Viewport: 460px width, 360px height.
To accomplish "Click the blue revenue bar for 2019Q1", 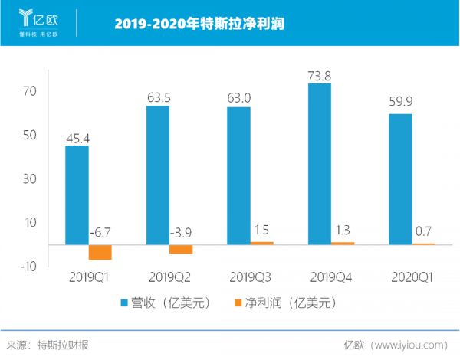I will pyautogui.click(x=77, y=195).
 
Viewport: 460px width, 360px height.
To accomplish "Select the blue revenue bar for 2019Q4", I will pyautogui.click(x=319, y=164).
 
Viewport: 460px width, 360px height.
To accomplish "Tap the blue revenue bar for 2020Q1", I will pyautogui.click(x=400, y=179).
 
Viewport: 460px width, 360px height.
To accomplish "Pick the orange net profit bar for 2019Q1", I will pyautogui.click(x=100, y=252).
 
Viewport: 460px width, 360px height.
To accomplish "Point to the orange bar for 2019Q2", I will pyautogui.click(x=181, y=249).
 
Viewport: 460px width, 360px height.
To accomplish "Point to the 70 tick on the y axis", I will pyautogui.click(x=31, y=91).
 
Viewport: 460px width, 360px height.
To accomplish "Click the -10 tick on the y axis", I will pyautogui.click(x=28, y=266).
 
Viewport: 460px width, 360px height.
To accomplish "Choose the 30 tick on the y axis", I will pyautogui.click(x=31, y=178).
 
